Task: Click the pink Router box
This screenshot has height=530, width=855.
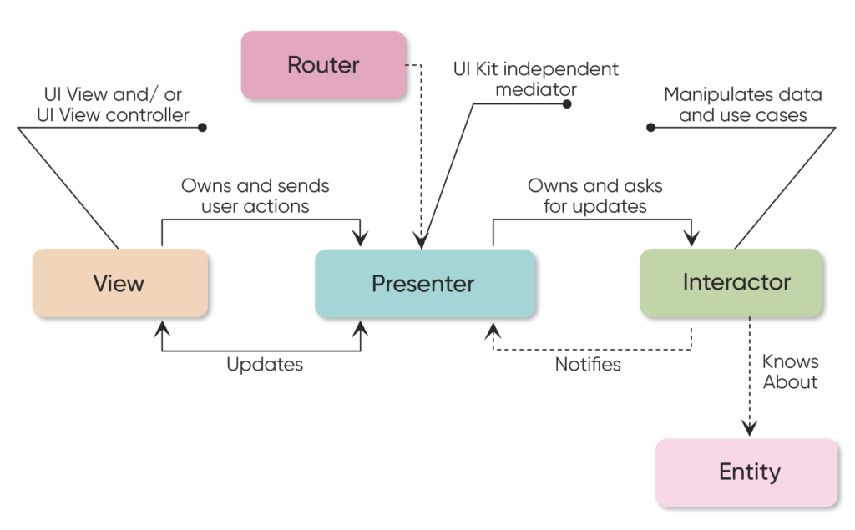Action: coord(322,65)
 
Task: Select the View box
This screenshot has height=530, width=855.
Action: coord(119,283)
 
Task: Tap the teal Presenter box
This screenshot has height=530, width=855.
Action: coord(424,284)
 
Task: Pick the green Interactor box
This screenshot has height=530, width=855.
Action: coord(731,282)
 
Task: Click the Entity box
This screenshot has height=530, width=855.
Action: coord(746,472)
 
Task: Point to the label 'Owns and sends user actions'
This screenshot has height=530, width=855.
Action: coord(255,194)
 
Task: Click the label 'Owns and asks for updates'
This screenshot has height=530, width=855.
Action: coord(594,195)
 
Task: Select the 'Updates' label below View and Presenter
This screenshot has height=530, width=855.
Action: coord(264,365)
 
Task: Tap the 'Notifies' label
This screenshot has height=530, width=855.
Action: coord(588,365)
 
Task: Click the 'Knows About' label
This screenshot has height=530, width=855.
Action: coord(790,372)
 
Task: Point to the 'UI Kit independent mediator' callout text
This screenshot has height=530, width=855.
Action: coord(536,78)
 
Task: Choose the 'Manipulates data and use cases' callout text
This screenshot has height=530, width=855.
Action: coord(742,105)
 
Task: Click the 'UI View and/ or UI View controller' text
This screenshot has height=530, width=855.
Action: coord(113,104)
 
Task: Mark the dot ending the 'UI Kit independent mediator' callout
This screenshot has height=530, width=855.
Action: coord(567,104)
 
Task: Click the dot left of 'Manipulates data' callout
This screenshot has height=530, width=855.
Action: coord(650,128)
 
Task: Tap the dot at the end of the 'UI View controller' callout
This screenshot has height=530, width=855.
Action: coord(201,128)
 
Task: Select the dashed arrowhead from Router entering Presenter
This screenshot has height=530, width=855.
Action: coord(422,241)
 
